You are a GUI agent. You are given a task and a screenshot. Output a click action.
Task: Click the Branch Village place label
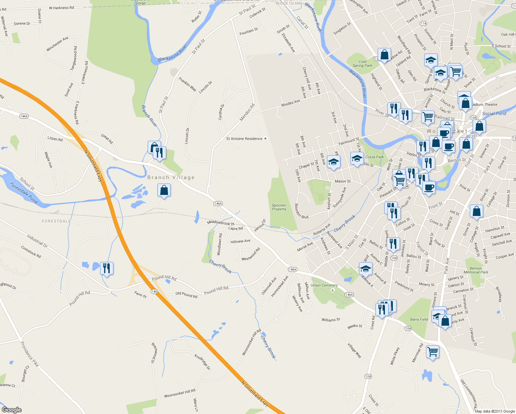pyautogui.click(x=171, y=177)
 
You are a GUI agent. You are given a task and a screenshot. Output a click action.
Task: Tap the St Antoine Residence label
pyautogui.click(x=244, y=139)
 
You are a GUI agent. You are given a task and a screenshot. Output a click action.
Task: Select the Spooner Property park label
pyautogui.click(x=279, y=207)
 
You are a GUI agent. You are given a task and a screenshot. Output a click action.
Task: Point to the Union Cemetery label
pyautogui.click(x=324, y=285)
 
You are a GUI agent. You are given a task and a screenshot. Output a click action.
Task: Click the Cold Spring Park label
pyautogui.click(x=362, y=63)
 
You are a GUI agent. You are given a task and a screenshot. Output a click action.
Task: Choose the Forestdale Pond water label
pyautogui.click(x=23, y=193)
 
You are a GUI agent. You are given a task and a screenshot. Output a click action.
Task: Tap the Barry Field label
pyautogui.click(x=419, y=319)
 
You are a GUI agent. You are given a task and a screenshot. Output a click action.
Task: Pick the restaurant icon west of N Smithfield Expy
pyautogui.click(x=107, y=268)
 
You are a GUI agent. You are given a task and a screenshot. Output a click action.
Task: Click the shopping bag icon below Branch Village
pyautogui.click(x=164, y=190)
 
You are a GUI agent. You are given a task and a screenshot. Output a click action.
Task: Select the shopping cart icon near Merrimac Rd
pyautogui.click(x=433, y=352)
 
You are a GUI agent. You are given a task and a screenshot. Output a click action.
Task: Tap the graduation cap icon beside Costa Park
pyautogui.click(x=357, y=158)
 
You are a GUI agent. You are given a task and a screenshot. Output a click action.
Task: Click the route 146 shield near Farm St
pyautogui.click(x=154, y=292)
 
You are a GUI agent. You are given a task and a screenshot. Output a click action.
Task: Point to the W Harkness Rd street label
pyautogui.click(x=61, y=8)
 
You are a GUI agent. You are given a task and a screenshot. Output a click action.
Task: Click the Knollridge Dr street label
pyautogui.click(x=202, y=362)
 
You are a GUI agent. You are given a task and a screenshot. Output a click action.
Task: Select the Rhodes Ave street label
pyautogui.click(x=290, y=103)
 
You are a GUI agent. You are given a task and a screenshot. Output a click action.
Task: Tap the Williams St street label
pyautogui.click(x=331, y=320)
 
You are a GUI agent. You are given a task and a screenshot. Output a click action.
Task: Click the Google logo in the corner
pyautogui.click(x=11, y=410)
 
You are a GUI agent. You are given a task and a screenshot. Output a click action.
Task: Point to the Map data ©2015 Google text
pyautogui.click(x=495, y=411)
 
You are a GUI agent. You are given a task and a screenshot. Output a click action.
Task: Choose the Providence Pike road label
pyautogui.click(x=29, y=354)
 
